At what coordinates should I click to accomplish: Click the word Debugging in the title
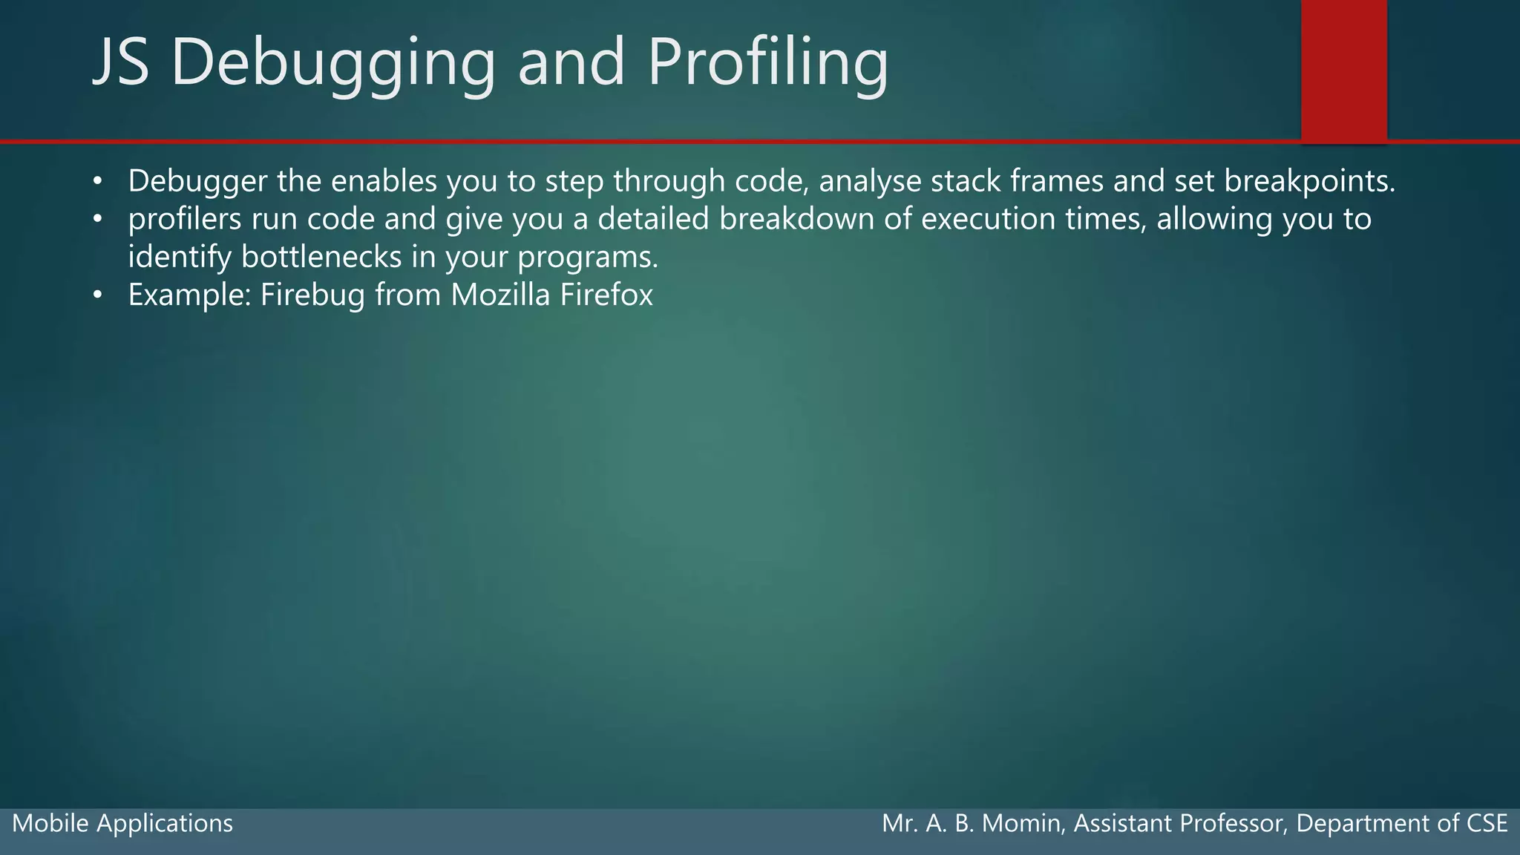(332, 63)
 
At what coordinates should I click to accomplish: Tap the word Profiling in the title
(767, 63)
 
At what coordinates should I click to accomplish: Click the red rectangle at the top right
(1343, 69)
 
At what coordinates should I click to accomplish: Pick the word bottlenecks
(321, 258)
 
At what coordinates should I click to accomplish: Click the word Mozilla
(500, 295)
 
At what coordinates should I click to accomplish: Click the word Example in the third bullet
(190, 295)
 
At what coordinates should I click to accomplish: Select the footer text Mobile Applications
(122, 823)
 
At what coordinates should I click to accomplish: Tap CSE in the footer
(1487, 823)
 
